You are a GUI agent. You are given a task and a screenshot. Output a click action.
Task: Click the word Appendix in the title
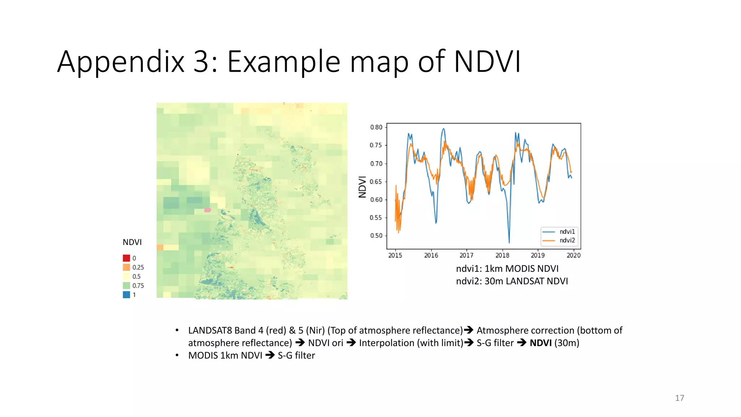(121, 62)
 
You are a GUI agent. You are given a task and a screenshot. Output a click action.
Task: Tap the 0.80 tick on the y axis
(376, 127)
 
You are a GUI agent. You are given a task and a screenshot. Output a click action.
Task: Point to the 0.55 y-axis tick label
(376, 218)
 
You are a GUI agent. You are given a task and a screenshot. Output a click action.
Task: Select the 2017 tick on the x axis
(466, 255)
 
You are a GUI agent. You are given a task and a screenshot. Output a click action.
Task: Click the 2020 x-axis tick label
(573, 255)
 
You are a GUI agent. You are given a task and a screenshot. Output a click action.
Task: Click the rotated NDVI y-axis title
(362, 187)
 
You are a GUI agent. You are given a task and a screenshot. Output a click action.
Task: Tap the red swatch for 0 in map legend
(126, 258)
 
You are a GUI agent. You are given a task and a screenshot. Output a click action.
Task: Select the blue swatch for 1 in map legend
(126, 295)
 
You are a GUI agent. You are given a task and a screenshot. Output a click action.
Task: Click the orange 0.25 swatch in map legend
(126, 267)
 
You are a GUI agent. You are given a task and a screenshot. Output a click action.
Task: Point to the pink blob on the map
(207, 210)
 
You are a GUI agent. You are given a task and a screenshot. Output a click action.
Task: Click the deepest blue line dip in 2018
(509, 242)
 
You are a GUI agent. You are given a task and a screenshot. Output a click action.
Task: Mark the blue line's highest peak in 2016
(443, 129)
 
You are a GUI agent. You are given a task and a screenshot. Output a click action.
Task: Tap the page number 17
(679, 398)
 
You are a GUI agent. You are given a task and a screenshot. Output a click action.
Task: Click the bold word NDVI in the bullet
(541, 343)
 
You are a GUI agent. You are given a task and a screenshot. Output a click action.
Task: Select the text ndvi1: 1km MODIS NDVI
(507, 269)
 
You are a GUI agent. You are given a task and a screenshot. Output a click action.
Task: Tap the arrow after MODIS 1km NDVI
(270, 355)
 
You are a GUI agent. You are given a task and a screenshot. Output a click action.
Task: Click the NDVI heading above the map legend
(132, 242)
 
